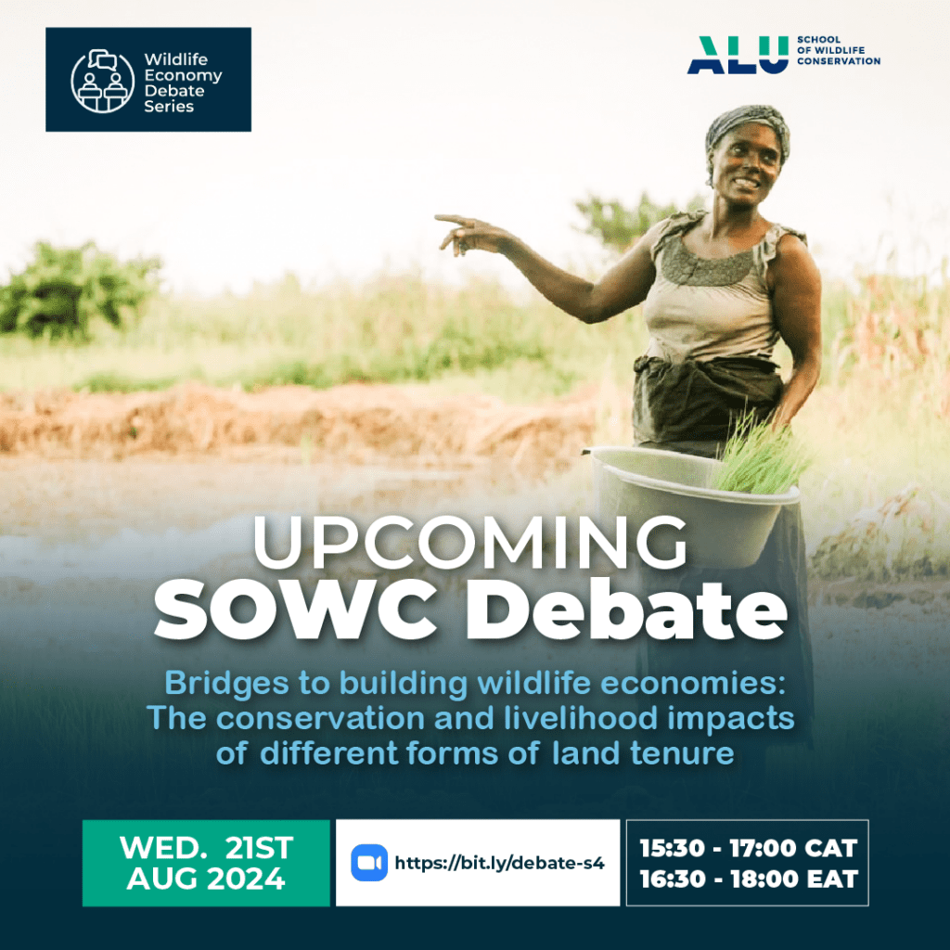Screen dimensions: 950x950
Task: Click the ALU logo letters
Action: (738, 55)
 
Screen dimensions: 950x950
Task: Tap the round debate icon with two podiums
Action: (102, 82)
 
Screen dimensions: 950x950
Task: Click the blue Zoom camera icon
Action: (369, 862)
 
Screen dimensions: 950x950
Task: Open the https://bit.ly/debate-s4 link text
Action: (500, 863)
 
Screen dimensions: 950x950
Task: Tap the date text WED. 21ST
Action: (207, 848)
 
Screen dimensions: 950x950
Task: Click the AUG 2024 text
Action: (206, 879)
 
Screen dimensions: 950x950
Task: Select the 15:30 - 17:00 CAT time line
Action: (749, 848)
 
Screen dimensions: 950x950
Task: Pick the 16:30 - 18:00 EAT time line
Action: (749, 879)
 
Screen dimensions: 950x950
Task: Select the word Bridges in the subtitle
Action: (226, 684)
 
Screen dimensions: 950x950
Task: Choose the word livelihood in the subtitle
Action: (581, 718)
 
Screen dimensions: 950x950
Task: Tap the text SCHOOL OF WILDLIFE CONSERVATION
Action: (839, 50)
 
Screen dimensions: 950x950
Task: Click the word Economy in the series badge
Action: (183, 76)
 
